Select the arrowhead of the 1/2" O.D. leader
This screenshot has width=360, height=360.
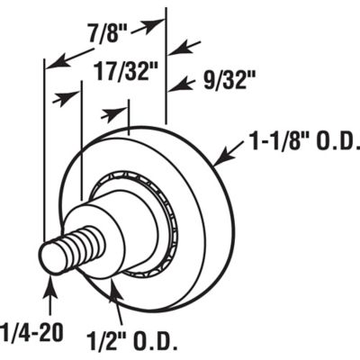[x=112, y=286]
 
